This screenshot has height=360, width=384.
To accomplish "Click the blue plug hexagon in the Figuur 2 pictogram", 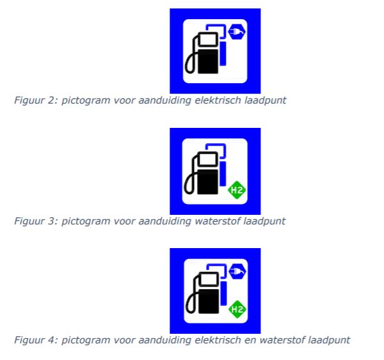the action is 237,31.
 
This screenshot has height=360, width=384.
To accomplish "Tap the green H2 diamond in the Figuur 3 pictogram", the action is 237,190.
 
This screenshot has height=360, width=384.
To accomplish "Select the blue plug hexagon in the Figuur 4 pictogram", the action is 237,271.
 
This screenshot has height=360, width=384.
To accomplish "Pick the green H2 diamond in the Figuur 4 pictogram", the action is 237,309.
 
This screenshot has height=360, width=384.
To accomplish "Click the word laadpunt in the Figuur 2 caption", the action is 266,100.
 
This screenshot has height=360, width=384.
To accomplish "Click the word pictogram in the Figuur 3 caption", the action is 86,221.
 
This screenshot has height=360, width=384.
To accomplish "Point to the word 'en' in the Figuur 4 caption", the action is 250,341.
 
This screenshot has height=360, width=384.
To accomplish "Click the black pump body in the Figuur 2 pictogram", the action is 208,61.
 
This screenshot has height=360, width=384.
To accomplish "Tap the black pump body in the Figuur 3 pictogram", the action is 207,182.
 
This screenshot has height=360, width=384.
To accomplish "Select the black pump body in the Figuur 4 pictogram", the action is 209,301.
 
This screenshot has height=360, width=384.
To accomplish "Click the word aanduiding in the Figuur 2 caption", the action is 164,100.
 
